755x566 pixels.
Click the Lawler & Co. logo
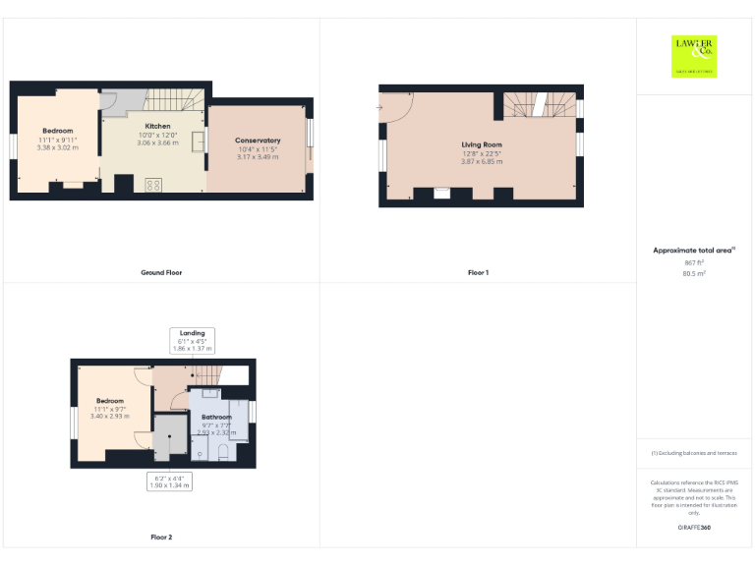pyautogui.click(x=694, y=55)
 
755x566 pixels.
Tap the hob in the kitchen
pyautogui.click(x=153, y=184)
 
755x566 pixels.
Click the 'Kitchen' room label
pyautogui.click(x=157, y=127)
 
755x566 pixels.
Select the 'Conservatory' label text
pyautogui.click(x=258, y=141)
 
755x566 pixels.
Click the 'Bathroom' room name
pyautogui.click(x=217, y=417)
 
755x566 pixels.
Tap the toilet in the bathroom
pyautogui.click(x=223, y=451)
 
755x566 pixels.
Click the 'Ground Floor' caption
pyautogui.click(x=161, y=272)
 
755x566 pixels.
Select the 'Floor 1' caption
pyautogui.click(x=478, y=272)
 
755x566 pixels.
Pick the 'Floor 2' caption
pyautogui.click(x=161, y=538)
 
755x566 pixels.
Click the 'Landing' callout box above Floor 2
pyautogui.click(x=192, y=341)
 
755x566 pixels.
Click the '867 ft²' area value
pyautogui.click(x=694, y=263)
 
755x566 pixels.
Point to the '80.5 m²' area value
pyautogui.click(x=694, y=274)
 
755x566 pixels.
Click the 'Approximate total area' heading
pyautogui.click(x=693, y=252)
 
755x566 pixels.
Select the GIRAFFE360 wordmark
pyautogui.click(x=694, y=529)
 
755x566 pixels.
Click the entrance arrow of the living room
pyautogui.click(x=381, y=106)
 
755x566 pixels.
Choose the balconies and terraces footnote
pyautogui.click(x=694, y=453)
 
